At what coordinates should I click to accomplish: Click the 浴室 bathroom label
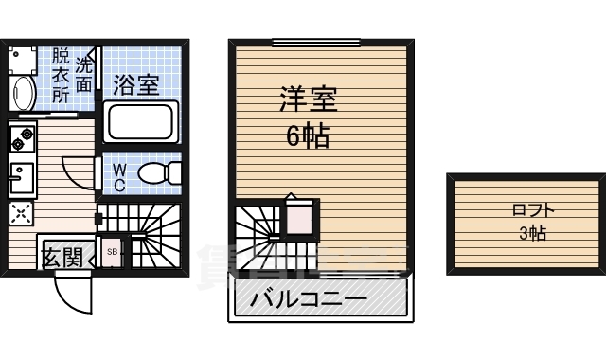tap(136, 84)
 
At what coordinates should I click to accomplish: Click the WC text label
tap(120, 176)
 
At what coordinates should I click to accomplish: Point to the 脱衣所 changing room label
tap(62, 75)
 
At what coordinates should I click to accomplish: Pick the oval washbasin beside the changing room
tap(24, 93)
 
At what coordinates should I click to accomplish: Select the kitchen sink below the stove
tap(22, 178)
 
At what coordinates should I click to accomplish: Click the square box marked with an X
tap(21, 213)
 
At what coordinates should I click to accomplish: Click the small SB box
tap(112, 252)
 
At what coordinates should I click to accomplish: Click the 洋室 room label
tap(309, 98)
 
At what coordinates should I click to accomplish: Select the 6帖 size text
tap(308, 136)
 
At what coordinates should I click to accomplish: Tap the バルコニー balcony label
tap(309, 301)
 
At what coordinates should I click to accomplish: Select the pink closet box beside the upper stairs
tap(298, 219)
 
